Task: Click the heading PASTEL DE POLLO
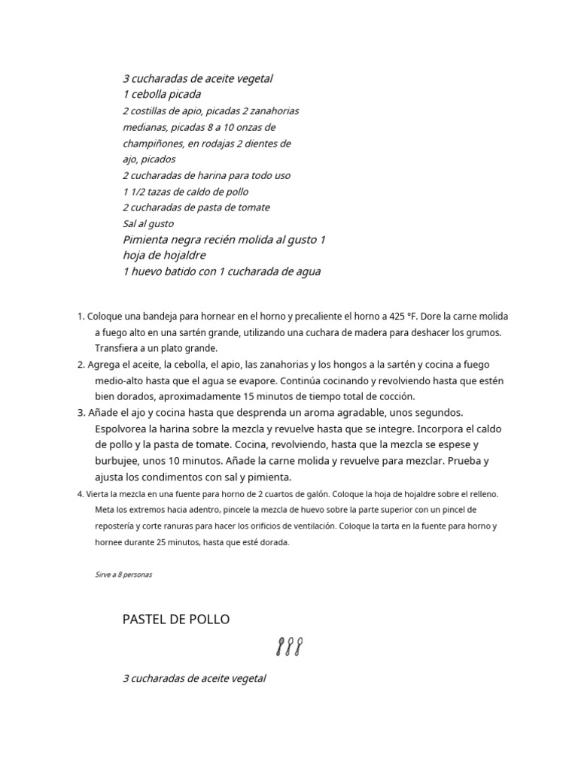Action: pyautogui.click(x=175, y=620)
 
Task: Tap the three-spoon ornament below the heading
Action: pyautogui.click(x=289, y=647)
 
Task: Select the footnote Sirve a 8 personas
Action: pyautogui.click(x=123, y=574)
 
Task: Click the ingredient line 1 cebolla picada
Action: pyautogui.click(x=162, y=95)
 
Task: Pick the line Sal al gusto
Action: pyautogui.click(x=148, y=223)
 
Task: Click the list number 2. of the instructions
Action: pyautogui.click(x=81, y=365)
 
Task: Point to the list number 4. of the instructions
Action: pyautogui.click(x=81, y=494)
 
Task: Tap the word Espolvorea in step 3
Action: pyautogui.click(x=123, y=429)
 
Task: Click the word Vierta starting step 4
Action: pyautogui.click(x=98, y=494)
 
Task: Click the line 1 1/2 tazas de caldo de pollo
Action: pyautogui.click(x=185, y=191)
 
